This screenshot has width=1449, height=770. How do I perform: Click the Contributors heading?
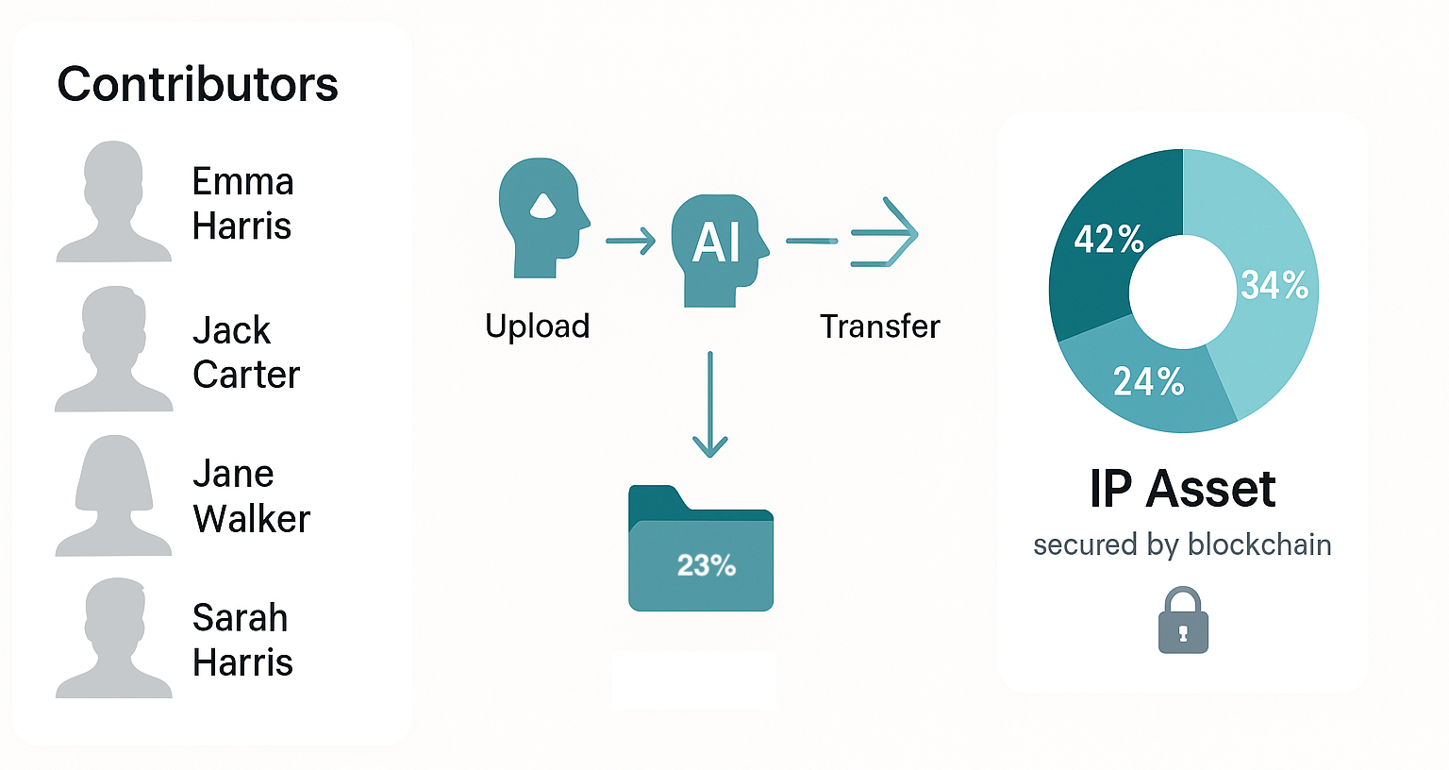click(x=197, y=85)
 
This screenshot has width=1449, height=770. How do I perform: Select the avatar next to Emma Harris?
click(x=114, y=202)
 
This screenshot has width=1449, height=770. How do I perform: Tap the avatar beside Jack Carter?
click(x=114, y=350)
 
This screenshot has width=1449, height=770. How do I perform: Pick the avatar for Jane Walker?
click(x=114, y=496)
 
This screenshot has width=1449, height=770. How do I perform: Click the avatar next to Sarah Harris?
click(x=114, y=639)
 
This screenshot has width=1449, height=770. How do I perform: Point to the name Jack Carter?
click(x=245, y=353)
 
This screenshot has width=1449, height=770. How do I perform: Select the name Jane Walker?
click(x=251, y=496)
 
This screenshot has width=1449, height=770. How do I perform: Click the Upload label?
click(x=537, y=326)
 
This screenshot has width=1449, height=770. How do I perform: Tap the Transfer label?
click(x=879, y=326)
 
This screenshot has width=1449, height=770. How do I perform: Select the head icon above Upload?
click(x=541, y=217)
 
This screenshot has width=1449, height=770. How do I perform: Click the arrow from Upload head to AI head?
click(x=630, y=241)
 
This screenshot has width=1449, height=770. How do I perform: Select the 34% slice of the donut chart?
click(x=1274, y=283)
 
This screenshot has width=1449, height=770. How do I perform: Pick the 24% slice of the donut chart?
click(x=1149, y=382)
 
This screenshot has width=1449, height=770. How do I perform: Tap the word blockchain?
click(x=1259, y=544)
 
